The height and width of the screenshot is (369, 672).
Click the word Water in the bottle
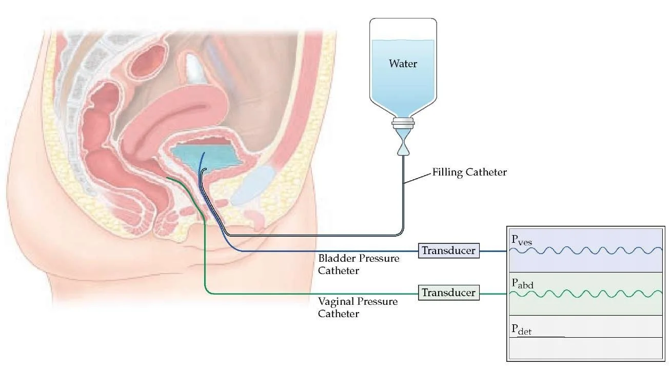(x=403, y=64)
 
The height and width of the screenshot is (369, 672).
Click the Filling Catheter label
(x=469, y=172)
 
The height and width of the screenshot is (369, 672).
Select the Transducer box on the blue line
(x=448, y=251)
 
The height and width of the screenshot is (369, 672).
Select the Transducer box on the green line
(x=448, y=293)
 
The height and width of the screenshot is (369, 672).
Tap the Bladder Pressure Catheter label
(x=359, y=264)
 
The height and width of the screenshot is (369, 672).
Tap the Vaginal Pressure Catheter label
(x=358, y=307)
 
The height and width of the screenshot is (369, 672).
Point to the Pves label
(x=522, y=239)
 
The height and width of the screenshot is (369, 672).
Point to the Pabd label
(x=522, y=283)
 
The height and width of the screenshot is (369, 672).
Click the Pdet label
(x=522, y=329)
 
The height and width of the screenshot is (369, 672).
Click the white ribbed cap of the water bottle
(x=403, y=124)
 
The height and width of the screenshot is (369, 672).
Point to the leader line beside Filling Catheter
(x=418, y=178)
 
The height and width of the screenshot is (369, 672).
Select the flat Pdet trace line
(x=549, y=337)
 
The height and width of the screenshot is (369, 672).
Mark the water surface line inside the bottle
(x=403, y=41)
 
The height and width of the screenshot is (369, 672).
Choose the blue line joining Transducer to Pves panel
(x=493, y=251)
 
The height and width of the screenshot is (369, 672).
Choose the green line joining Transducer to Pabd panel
(x=493, y=294)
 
